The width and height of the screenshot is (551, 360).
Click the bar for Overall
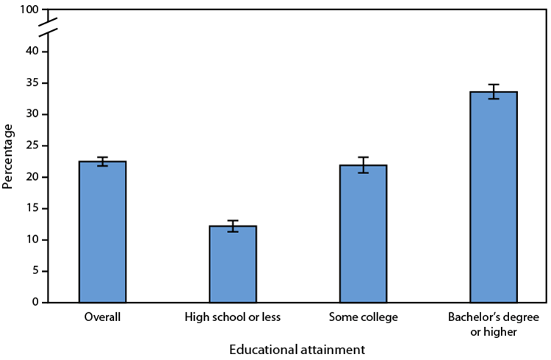(103, 232)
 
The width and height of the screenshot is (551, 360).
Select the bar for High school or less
(233, 264)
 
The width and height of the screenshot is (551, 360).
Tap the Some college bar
(363, 234)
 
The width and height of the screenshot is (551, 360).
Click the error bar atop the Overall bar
(103, 162)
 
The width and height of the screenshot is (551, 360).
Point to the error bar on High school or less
(233, 226)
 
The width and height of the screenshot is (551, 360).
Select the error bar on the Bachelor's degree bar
(493, 91)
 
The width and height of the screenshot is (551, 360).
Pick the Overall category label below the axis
(103, 317)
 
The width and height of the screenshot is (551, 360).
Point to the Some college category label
(363, 317)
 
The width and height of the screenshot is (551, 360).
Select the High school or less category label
(233, 317)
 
